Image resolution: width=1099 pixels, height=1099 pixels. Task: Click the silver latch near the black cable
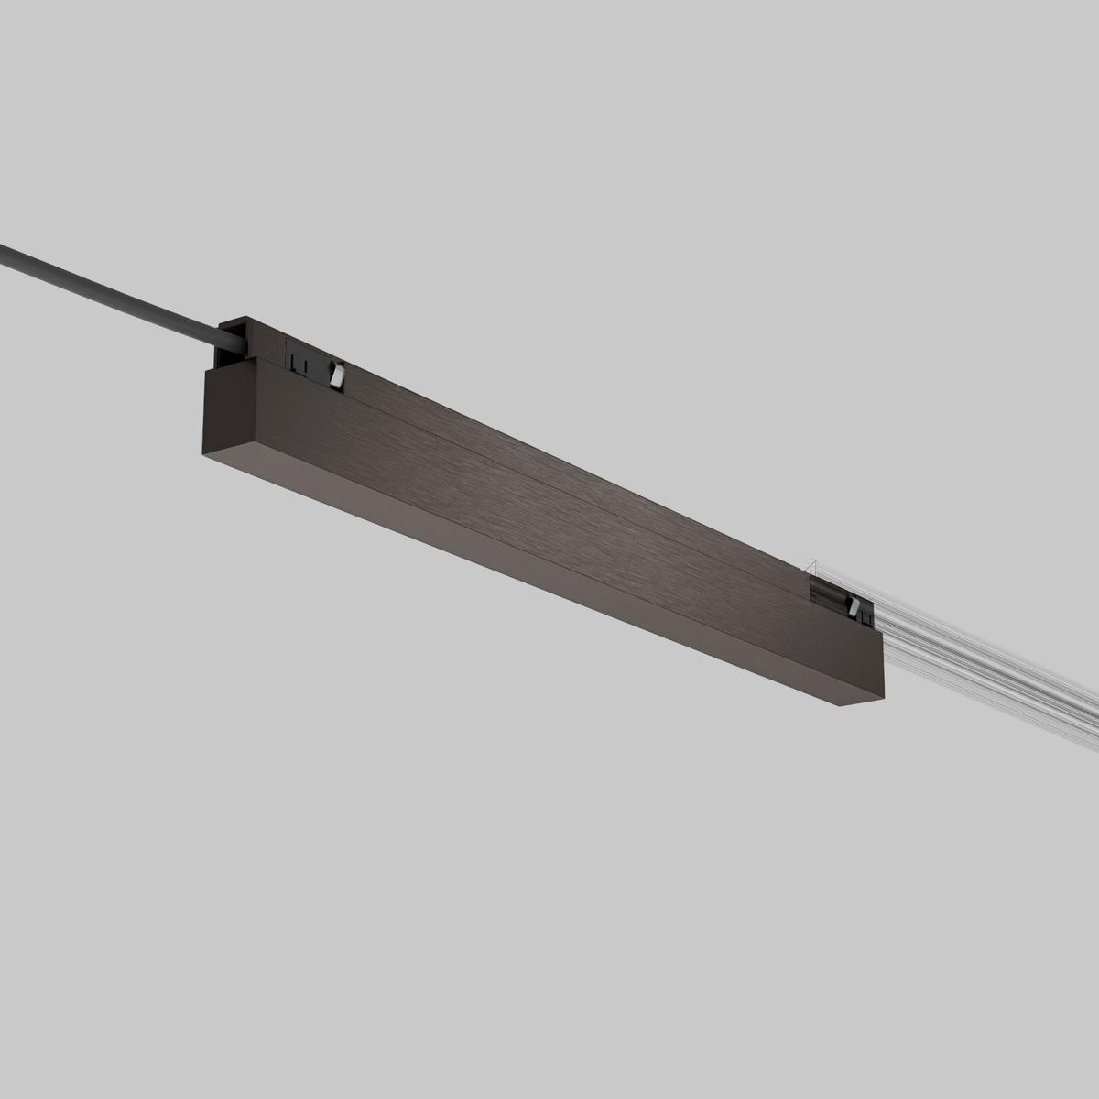coord(337,375)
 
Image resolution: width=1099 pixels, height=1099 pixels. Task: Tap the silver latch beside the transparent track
coord(854,604)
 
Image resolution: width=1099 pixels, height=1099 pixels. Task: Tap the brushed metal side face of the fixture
coord(549,513)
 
